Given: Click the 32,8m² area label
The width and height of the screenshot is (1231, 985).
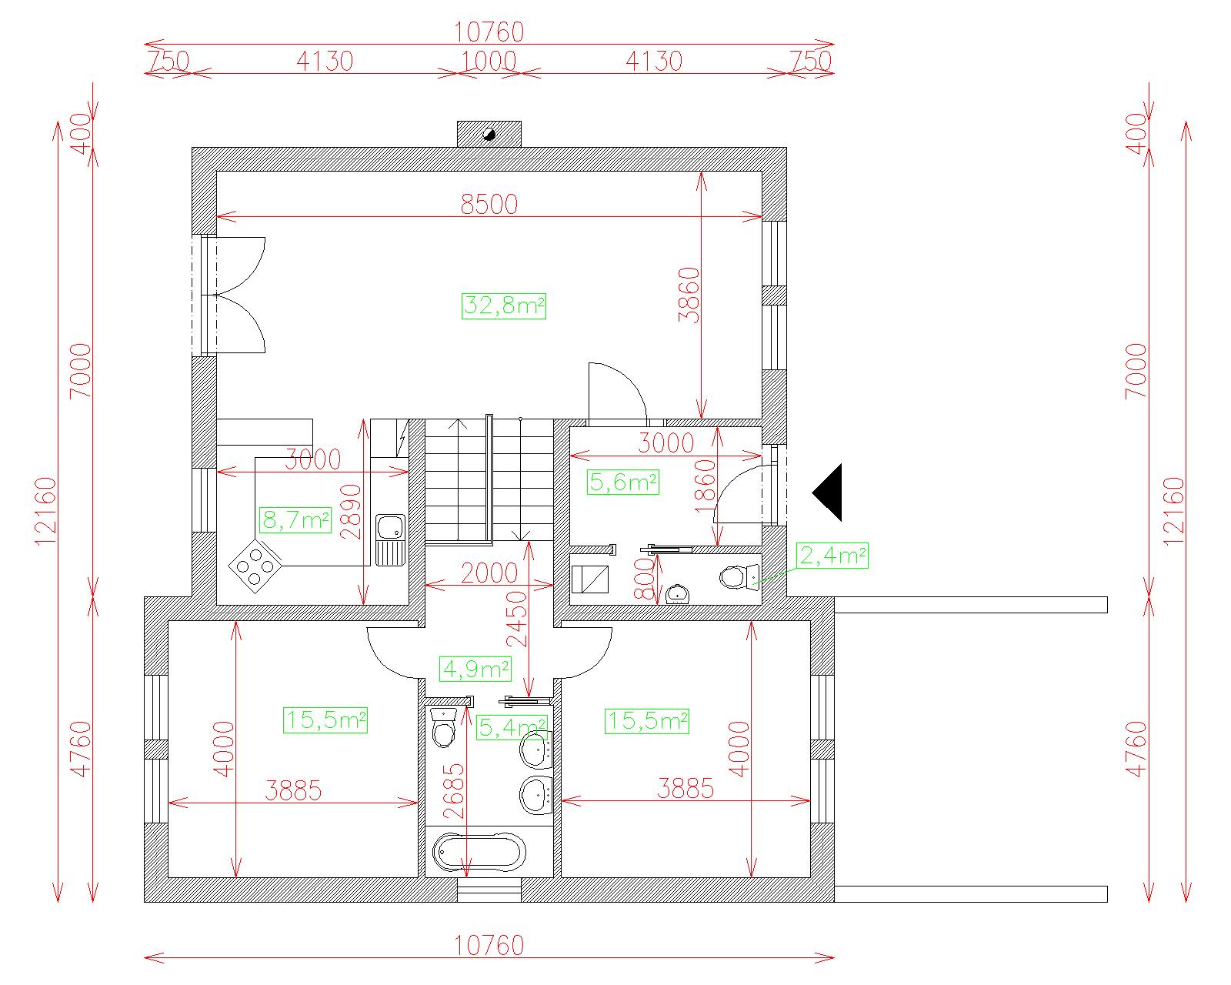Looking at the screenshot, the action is pyautogui.click(x=504, y=306).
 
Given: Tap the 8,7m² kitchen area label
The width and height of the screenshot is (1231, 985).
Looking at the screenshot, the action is pyautogui.click(x=295, y=520).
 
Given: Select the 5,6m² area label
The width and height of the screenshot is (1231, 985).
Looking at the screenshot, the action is pyautogui.click(x=623, y=482).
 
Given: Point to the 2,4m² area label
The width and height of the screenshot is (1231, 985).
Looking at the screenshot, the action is pyautogui.click(x=832, y=556).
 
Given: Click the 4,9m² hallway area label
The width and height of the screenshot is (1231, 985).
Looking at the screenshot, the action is pyautogui.click(x=475, y=669).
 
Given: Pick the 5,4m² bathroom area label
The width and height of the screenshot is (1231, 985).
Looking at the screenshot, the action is pyautogui.click(x=512, y=727).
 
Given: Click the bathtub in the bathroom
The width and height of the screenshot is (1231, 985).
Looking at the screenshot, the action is pyautogui.click(x=479, y=853).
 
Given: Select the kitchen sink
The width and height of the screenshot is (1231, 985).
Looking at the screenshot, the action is pyautogui.click(x=391, y=539).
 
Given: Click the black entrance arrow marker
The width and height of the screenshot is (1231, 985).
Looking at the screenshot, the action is pyautogui.click(x=828, y=492).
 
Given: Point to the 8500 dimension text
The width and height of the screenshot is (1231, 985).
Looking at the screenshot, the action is pyautogui.click(x=489, y=205).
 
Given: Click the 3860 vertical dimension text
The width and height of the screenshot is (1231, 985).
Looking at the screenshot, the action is pyautogui.click(x=689, y=295).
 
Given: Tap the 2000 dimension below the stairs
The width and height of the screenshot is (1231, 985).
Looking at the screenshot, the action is pyautogui.click(x=489, y=573).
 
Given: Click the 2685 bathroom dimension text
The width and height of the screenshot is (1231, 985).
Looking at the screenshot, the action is pyautogui.click(x=454, y=791).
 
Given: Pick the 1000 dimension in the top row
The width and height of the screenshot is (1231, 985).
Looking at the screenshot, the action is pyautogui.click(x=489, y=62).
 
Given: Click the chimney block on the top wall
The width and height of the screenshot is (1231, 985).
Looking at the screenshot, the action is pyautogui.click(x=489, y=134).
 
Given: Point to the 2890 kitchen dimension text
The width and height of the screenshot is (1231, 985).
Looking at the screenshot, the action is pyautogui.click(x=351, y=512).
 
